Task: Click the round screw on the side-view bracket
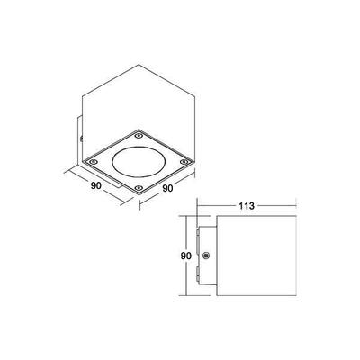click(208, 257)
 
